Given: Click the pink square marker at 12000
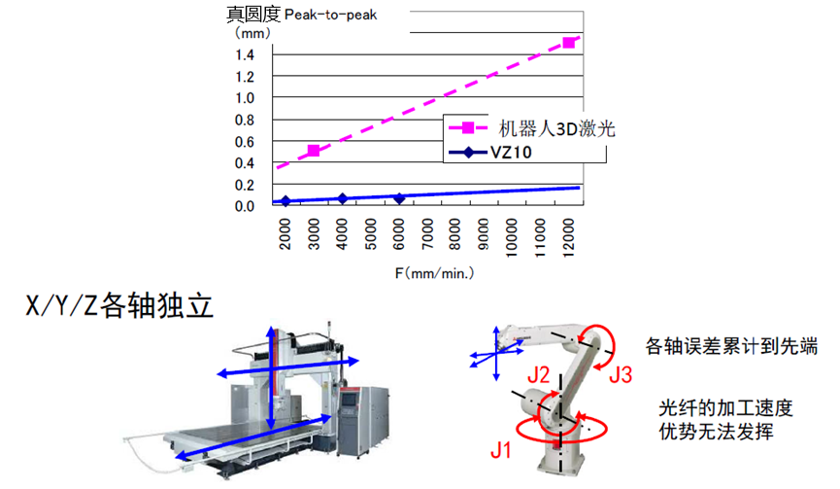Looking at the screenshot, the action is tap(569, 43).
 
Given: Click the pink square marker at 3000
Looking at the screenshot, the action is tap(314, 151).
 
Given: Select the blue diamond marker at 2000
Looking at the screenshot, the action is tap(286, 201).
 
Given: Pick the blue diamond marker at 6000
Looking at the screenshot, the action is tap(399, 198).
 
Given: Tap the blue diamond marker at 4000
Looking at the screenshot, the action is tap(343, 198).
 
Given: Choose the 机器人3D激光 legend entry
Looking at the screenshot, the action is tap(531, 128).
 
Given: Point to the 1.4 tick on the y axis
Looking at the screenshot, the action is tap(245, 54).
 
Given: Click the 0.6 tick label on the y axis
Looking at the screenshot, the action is tap(245, 142).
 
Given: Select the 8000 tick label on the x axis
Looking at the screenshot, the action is tap(454, 234).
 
